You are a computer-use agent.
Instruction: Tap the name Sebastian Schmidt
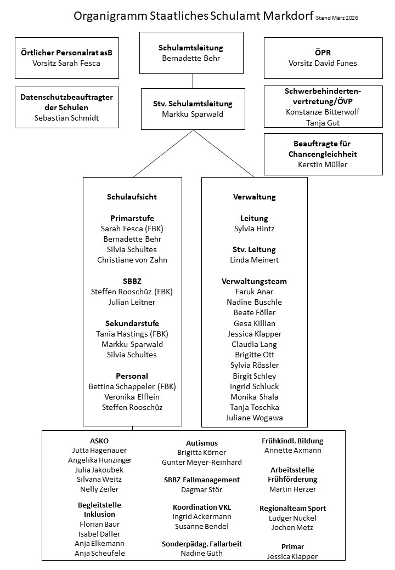click(66, 117)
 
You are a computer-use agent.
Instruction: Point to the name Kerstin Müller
click(323, 164)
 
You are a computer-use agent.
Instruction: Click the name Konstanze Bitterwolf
click(323, 111)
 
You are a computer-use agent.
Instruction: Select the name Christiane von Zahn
click(132, 260)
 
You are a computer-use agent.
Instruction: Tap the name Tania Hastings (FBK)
click(132, 334)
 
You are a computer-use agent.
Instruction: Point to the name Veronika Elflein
click(132, 397)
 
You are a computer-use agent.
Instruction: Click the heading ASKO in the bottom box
click(99, 441)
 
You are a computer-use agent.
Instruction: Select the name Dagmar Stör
click(201, 489)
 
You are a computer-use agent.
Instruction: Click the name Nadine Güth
click(201, 554)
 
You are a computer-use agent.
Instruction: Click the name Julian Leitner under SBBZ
click(132, 302)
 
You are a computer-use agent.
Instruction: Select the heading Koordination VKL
click(201, 507)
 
